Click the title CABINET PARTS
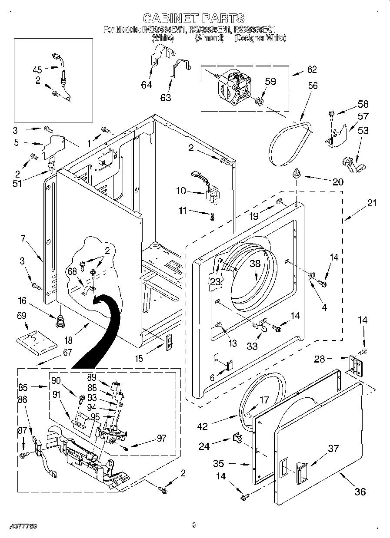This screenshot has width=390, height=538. click(x=193, y=18)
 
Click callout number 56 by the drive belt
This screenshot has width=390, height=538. click(x=313, y=86)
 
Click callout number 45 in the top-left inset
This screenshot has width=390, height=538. click(x=37, y=69)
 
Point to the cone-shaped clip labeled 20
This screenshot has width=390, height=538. click(x=297, y=175)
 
